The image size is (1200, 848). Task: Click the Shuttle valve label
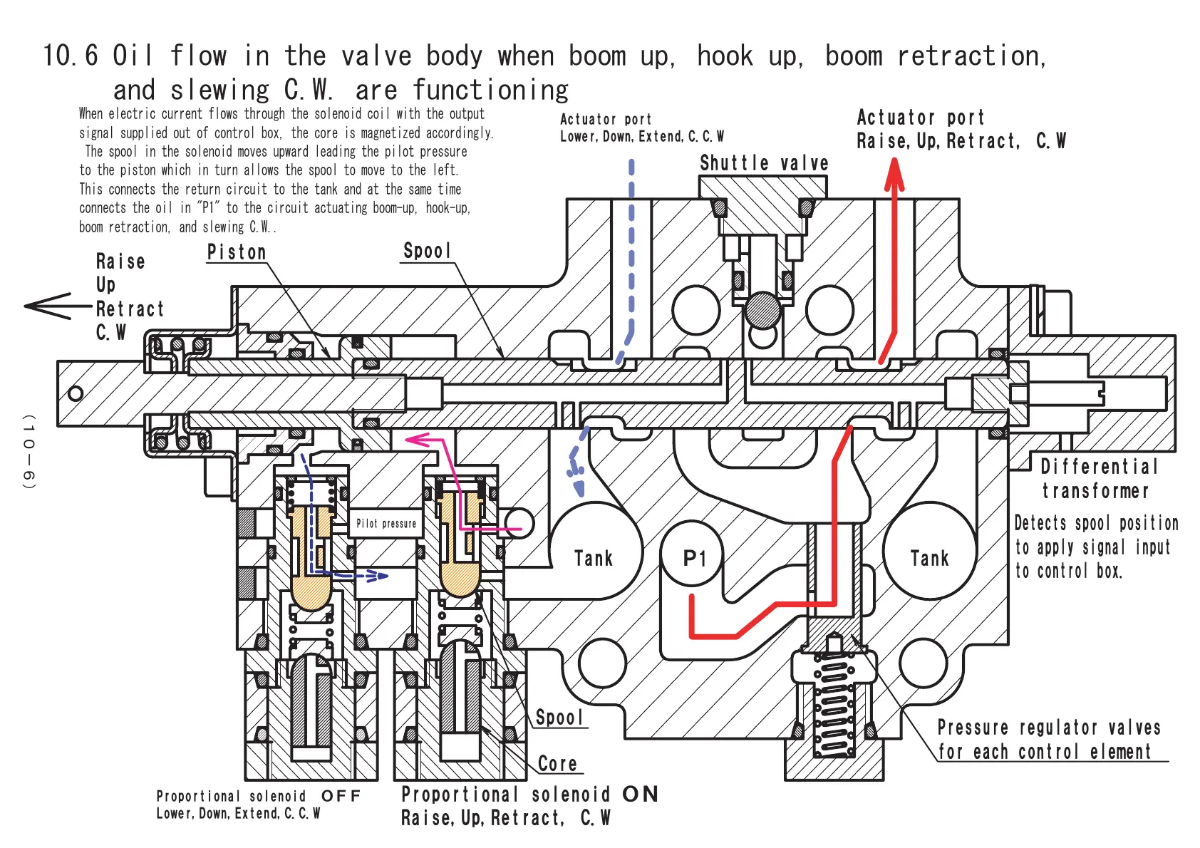764,163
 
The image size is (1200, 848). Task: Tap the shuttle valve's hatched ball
763,310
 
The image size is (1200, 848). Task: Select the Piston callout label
237,252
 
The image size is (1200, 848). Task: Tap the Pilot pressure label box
386,523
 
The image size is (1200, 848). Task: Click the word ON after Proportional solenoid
640,794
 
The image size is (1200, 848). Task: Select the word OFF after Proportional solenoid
341,796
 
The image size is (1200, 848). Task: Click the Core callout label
557,763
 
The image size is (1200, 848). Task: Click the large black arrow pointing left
58,306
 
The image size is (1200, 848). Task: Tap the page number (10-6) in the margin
29,452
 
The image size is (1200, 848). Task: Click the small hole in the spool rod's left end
76,394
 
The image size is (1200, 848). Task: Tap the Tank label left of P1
594,558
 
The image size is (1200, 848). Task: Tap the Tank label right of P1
929,558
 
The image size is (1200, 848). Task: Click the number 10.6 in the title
70,56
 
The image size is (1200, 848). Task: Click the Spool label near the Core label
559,718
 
